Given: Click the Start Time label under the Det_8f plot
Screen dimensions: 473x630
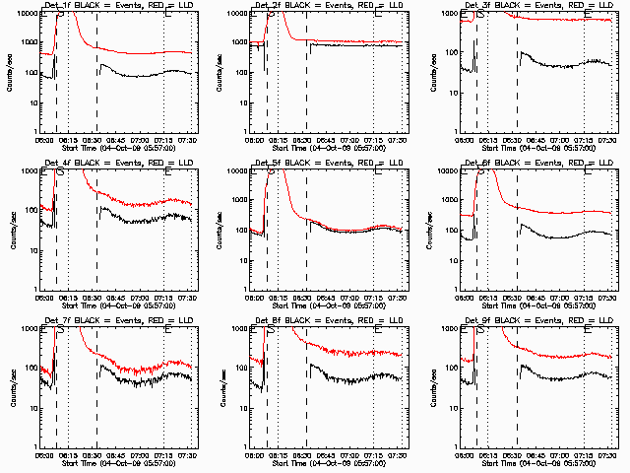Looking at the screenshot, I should [326, 462].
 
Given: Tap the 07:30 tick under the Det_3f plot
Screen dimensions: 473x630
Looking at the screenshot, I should [607, 140].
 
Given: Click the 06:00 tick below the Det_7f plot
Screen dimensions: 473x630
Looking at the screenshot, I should [44, 454].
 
